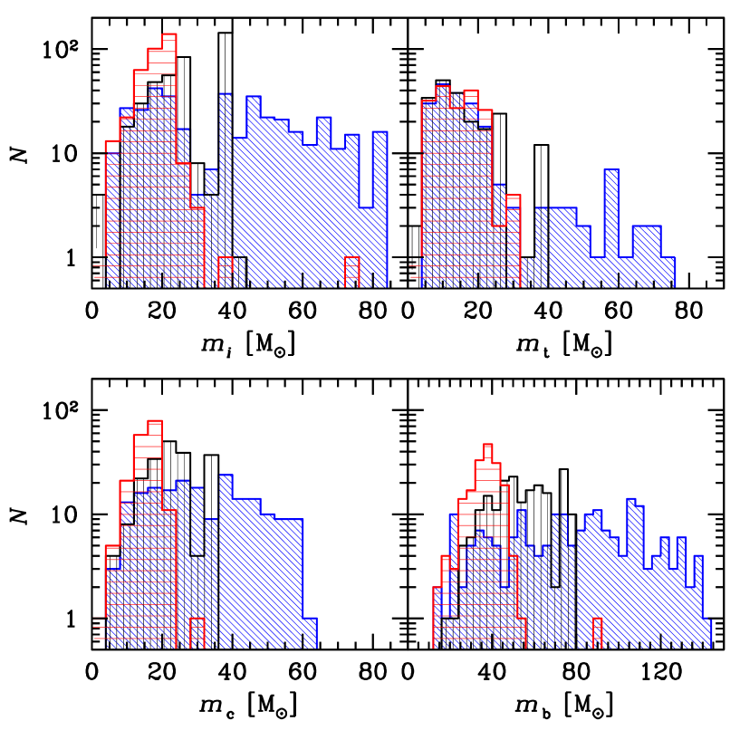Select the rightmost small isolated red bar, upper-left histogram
click(x=351, y=272)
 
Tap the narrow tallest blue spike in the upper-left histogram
click(x=225, y=190)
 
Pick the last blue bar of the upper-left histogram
click(x=380, y=208)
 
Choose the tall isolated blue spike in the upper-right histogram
click(x=611, y=226)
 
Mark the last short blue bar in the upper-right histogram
click(x=668, y=272)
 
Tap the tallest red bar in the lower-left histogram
click(x=155, y=534)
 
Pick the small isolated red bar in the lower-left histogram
click(x=197, y=633)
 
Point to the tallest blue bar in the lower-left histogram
click(x=226, y=562)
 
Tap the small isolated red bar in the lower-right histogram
click(x=598, y=633)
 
